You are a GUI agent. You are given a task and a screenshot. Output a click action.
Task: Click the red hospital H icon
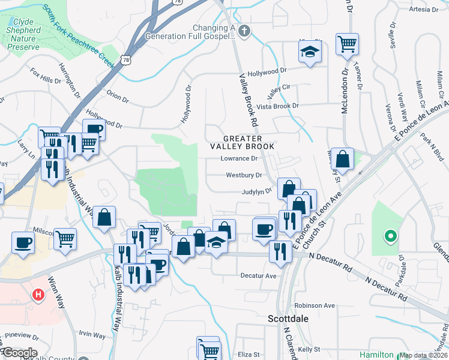pyautogui.click(x=39, y=295)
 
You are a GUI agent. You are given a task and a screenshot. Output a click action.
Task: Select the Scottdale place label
pyautogui.click(x=288, y=319)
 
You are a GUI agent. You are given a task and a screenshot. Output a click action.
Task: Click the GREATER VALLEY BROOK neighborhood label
pyautogui.click(x=242, y=142)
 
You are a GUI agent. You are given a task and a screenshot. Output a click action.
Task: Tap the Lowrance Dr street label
pyautogui.click(x=238, y=159)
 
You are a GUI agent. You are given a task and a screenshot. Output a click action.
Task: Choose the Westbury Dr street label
pyautogui.click(x=244, y=176)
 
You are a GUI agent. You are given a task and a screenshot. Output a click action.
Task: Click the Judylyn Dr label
pyautogui.click(x=257, y=192)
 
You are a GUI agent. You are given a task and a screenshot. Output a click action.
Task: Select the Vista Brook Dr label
pyautogui.click(x=277, y=106)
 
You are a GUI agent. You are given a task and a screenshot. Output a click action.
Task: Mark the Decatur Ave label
pyautogui.click(x=258, y=276)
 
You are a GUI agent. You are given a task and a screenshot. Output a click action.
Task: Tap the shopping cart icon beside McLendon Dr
pyautogui.click(x=347, y=44)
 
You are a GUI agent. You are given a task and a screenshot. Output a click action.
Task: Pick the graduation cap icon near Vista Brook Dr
pyautogui.click(x=310, y=52)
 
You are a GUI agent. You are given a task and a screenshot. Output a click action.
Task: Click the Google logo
pyautogui.click(x=19, y=353)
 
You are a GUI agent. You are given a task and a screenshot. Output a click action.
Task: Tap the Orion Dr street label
pyautogui.click(x=117, y=95)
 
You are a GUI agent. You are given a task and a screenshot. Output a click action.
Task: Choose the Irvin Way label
pyautogui.click(x=91, y=335)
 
